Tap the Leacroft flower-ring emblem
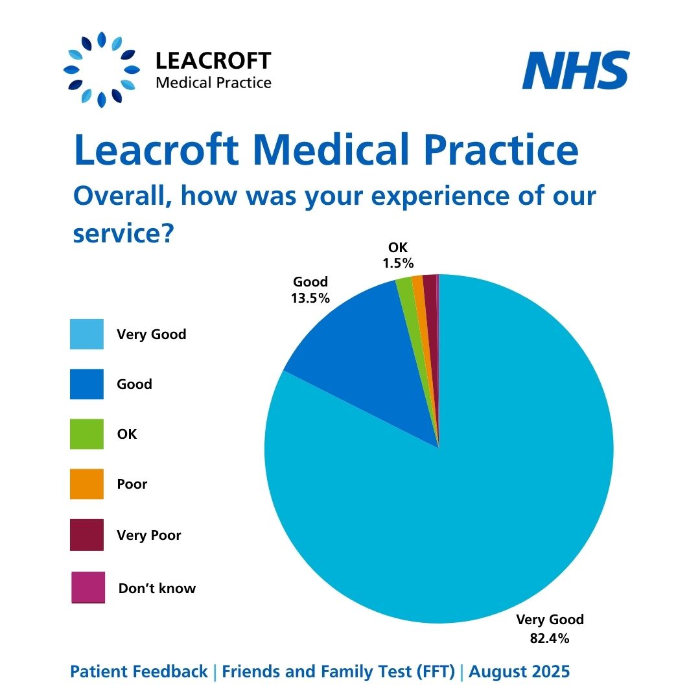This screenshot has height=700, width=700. pyautogui.click(x=102, y=69)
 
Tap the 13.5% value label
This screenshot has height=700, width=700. pyautogui.click(x=310, y=299)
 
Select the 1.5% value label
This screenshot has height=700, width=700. pyautogui.click(x=398, y=264)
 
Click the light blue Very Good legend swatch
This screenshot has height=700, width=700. pyautogui.click(x=87, y=334)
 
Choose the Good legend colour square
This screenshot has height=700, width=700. pyautogui.click(x=87, y=384)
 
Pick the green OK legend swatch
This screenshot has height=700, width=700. pyautogui.click(x=87, y=434)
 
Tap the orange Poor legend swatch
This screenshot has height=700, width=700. pyautogui.click(x=87, y=484)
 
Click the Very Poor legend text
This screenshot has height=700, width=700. pyautogui.click(x=149, y=535)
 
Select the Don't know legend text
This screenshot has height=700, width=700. pyautogui.click(x=157, y=589)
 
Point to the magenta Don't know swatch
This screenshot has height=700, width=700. pyautogui.click(x=88, y=587)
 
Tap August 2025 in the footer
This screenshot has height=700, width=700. pyautogui.click(x=519, y=672)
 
